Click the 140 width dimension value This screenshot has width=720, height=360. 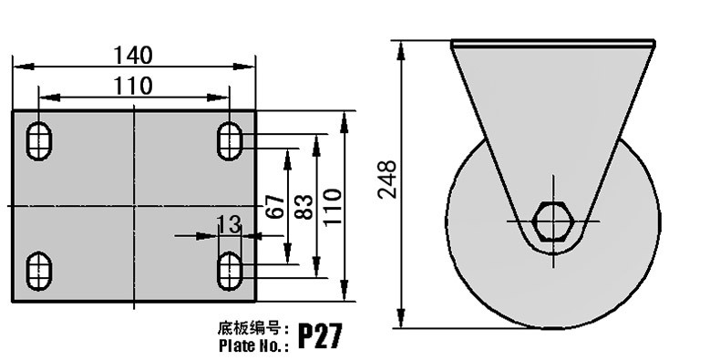pos(133,55)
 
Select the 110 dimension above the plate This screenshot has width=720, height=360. pos(133,86)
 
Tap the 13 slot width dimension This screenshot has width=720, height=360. pos(228,224)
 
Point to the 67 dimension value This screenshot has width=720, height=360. pos(274,206)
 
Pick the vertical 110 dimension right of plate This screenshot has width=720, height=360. pos(333,207)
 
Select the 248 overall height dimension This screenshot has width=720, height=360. pos(387,180)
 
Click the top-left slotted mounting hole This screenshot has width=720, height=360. pos(38,141)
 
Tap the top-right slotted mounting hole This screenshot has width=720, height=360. pos(230,141)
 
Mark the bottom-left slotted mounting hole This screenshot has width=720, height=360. pos(38,271)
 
